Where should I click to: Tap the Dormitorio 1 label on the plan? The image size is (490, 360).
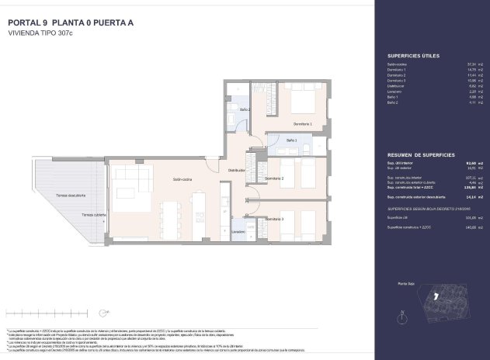pos(303,124)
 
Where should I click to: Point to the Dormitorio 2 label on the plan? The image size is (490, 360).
pos(273,178)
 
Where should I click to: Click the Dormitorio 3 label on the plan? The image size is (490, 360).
pos(273,220)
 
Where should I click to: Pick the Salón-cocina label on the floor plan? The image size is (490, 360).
pos(183,179)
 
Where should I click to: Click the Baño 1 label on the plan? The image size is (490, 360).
pos(291,140)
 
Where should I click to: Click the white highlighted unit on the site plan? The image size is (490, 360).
pos(438,296)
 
